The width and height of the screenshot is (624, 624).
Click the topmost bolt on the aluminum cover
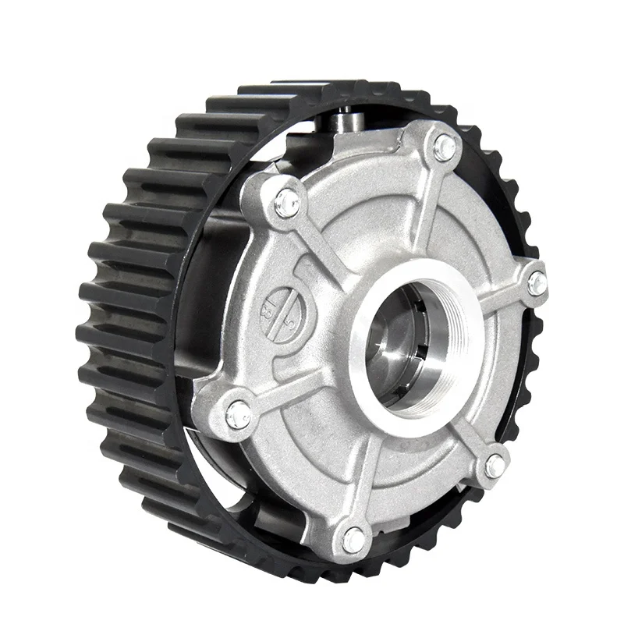point(445,146)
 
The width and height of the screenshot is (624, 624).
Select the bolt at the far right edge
point(537,284)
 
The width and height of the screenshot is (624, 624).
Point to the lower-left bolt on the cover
point(238,414)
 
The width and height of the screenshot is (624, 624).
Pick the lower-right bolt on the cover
point(495,466)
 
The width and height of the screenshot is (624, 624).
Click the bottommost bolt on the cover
point(353,537)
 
